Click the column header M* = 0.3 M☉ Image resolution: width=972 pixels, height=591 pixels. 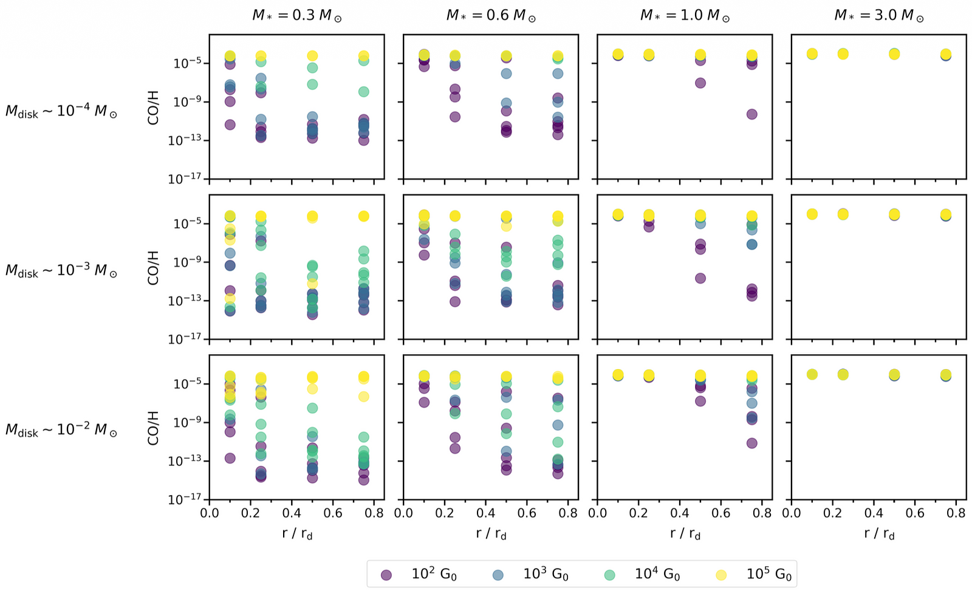click(x=296, y=15)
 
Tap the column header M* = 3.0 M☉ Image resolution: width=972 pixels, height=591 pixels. click(x=878, y=15)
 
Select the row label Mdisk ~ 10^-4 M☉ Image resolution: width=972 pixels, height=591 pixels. click(x=61, y=111)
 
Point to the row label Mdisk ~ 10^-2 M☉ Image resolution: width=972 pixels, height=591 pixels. click(x=61, y=430)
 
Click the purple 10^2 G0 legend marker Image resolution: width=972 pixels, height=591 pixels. click(x=386, y=575)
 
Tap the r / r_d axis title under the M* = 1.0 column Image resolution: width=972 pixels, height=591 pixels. click(x=685, y=534)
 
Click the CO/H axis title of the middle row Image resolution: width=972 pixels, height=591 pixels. click(x=153, y=268)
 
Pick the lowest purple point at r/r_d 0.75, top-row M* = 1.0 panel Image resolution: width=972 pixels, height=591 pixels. click(x=751, y=114)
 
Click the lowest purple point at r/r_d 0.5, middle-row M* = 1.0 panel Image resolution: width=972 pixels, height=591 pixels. click(x=700, y=278)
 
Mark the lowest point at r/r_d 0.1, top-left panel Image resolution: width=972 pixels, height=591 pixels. click(x=230, y=125)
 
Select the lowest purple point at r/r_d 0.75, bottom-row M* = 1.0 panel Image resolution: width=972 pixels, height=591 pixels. click(x=751, y=443)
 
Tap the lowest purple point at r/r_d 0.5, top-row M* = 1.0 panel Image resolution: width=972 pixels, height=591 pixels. click(x=700, y=83)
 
